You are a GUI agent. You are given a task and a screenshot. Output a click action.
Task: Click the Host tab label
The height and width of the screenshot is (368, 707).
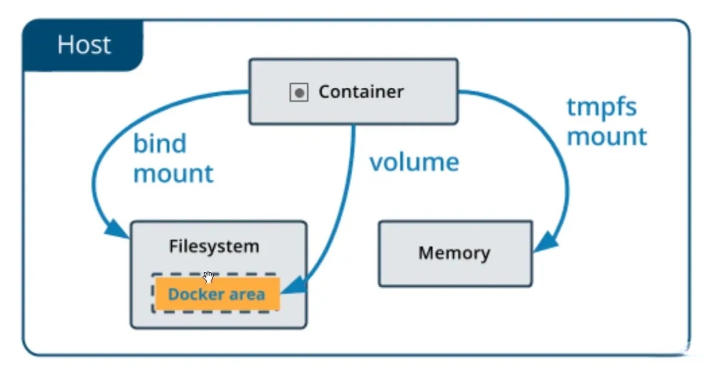(x=84, y=45)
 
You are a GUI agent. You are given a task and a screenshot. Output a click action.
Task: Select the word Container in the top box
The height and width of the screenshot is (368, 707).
(x=361, y=92)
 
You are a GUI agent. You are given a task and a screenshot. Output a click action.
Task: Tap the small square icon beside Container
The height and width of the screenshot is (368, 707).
(x=299, y=93)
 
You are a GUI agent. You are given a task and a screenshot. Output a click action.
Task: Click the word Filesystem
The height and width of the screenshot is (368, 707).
(x=214, y=246)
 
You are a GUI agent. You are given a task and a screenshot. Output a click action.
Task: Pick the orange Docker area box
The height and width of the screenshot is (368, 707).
(x=216, y=293)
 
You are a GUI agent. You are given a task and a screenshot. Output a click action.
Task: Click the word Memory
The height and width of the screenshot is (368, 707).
(x=454, y=253)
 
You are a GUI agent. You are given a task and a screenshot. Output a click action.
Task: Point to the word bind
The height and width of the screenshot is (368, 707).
(x=159, y=144)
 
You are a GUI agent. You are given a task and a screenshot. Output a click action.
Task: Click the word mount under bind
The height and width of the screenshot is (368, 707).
(x=173, y=173)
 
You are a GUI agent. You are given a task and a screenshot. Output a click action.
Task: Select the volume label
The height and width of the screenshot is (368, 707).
(x=414, y=162)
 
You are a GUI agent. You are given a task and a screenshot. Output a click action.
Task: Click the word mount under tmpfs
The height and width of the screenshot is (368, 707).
(x=606, y=136)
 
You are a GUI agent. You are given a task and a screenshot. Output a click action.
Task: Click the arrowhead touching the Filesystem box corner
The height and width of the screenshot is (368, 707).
(x=117, y=228)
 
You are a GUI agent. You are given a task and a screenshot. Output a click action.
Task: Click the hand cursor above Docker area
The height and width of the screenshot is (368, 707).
(x=208, y=277)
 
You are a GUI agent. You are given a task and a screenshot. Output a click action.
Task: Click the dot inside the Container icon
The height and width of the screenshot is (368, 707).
(x=299, y=93)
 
